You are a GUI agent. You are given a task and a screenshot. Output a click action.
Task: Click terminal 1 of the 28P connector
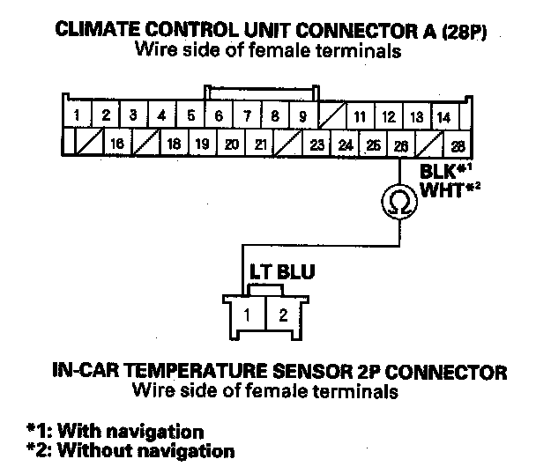click(78, 115)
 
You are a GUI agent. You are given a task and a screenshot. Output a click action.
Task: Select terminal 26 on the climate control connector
click(402, 144)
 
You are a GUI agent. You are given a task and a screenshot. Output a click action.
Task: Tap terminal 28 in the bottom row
click(458, 144)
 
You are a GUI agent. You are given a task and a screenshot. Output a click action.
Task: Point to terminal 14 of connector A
click(444, 116)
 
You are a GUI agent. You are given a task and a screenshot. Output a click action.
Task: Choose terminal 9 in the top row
click(301, 115)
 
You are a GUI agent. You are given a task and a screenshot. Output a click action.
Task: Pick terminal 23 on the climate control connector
click(317, 144)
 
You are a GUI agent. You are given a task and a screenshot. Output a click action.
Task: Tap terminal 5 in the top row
click(190, 115)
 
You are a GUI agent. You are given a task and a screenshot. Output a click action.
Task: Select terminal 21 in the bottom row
click(261, 144)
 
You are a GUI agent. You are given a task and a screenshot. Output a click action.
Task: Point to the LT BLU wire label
click(272, 273)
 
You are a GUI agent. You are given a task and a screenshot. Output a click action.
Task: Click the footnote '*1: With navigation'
click(115, 432)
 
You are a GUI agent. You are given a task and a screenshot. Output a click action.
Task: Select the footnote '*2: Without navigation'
click(130, 451)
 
